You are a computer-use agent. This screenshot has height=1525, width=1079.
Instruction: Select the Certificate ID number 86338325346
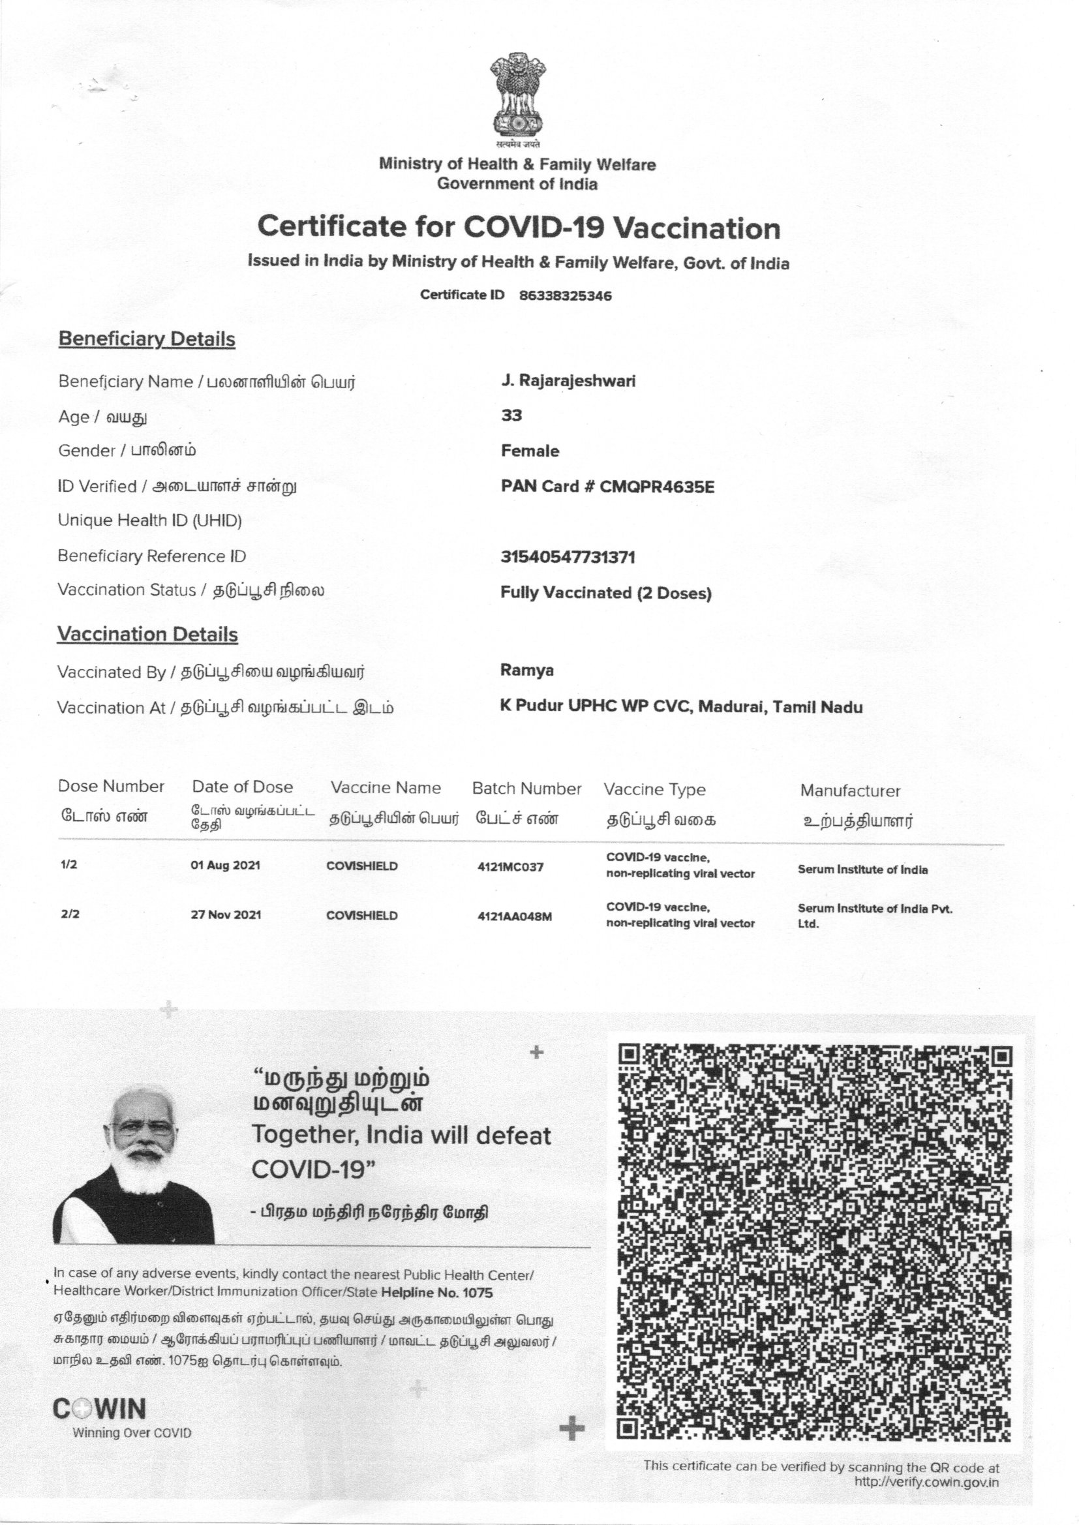[x=565, y=295]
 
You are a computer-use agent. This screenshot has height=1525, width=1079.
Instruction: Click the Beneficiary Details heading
[x=147, y=339]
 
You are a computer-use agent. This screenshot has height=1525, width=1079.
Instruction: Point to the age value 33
[x=511, y=415]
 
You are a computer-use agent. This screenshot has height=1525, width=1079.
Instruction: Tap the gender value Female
[x=530, y=451]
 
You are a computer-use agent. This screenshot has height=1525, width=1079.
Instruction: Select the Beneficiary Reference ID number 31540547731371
[x=568, y=556]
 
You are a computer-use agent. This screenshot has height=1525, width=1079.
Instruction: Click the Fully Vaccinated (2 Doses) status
[x=605, y=592]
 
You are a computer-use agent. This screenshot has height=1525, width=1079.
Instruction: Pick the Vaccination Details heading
[x=147, y=634]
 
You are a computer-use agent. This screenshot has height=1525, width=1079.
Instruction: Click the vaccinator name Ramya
[x=527, y=670]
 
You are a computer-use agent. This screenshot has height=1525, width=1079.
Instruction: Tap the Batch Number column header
[x=526, y=789]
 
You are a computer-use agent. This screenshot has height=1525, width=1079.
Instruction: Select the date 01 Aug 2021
[x=225, y=866]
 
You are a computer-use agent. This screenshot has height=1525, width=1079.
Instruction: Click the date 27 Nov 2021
[x=226, y=914]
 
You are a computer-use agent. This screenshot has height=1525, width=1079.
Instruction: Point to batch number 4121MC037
[x=510, y=867]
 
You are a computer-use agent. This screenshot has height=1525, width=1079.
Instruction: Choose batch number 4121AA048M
[x=514, y=916]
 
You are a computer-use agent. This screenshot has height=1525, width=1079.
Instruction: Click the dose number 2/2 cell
[x=70, y=914]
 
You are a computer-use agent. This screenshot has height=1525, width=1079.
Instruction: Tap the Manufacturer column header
[x=850, y=791]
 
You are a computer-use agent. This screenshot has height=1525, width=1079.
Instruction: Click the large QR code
[x=815, y=1241]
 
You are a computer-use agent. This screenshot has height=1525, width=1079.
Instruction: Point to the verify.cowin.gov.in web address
[x=926, y=1482]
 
